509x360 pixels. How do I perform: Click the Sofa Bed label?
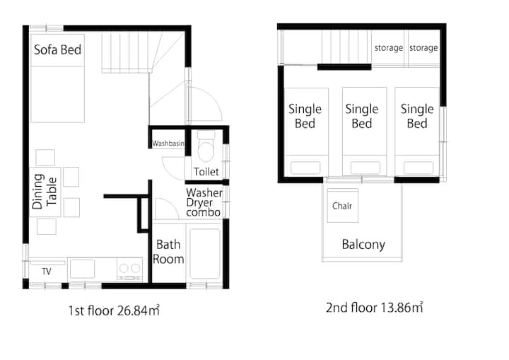(57, 50)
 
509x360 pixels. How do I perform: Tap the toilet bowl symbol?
(206, 146)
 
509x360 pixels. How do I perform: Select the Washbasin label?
(168, 143)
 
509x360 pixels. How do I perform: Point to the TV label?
(47, 272)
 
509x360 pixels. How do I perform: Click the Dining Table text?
(45, 192)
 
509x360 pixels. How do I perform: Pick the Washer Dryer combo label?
(204, 202)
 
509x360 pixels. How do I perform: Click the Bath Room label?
(168, 252)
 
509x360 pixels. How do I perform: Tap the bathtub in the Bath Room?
(205, 254)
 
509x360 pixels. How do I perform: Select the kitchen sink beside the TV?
(83, 269)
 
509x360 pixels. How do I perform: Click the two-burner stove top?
(129, 269)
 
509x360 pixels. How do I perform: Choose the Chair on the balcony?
(342, 205)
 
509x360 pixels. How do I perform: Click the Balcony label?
(363, 244)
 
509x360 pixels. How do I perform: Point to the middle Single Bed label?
(362, 116)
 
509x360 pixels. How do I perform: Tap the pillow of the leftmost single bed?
(305, 168)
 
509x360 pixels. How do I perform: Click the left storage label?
(389, 48)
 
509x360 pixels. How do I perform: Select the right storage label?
(423, 48)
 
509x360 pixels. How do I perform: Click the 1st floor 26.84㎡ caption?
(114, 310)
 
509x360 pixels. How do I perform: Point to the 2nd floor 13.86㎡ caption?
(374, 308)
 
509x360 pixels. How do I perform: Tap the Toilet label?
(206, 172)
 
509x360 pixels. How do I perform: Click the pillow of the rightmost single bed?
(419, 168)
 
